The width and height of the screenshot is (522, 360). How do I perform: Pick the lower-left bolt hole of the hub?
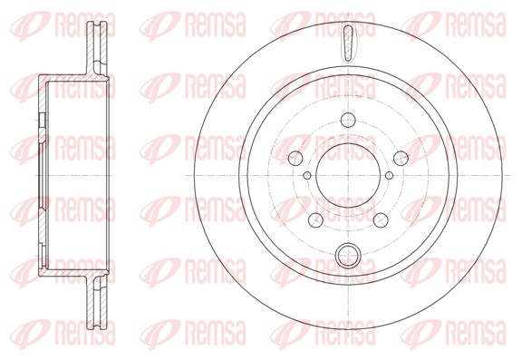click(x=315, y=219)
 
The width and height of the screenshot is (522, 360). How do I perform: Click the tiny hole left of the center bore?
click(x=308, y=175)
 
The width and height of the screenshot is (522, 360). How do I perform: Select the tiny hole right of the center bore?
click(x=390, y=175)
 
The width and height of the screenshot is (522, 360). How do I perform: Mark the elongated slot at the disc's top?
click(x=349, y=42)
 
